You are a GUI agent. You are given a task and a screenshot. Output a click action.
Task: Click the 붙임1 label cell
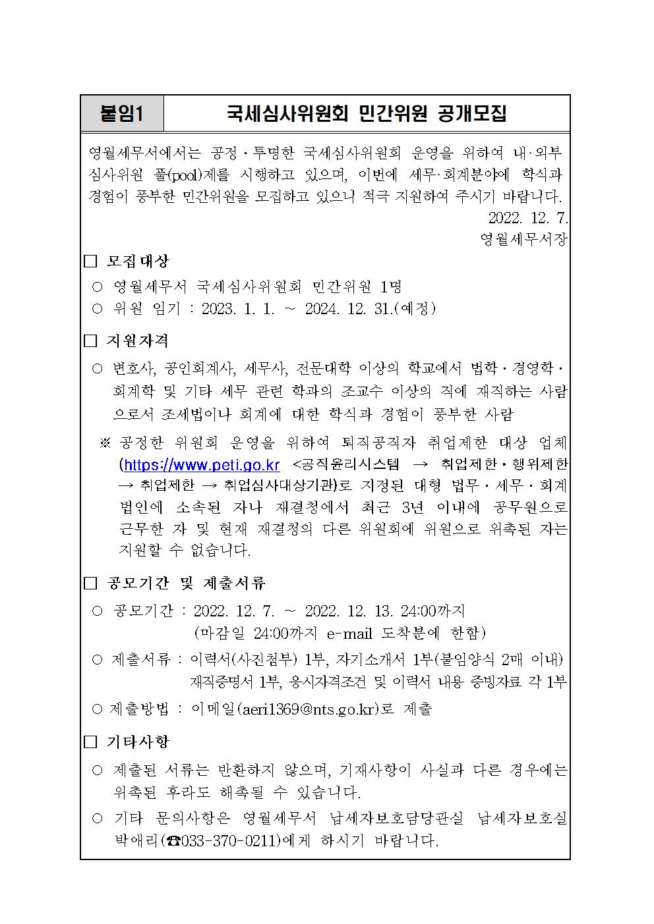[x=122, y=113]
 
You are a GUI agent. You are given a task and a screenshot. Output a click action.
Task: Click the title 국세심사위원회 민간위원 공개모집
[x=367, y=113]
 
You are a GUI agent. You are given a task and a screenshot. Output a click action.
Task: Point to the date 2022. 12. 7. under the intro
[x=527, y=218]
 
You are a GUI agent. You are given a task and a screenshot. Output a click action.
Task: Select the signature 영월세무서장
[x=523, y=239]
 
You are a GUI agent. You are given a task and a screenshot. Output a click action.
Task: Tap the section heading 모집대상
[x=138, y=261]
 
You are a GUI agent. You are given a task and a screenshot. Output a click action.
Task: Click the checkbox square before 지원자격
[x=90, y=341]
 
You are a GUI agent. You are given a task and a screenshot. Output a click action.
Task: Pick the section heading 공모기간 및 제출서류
[x=186, y=583]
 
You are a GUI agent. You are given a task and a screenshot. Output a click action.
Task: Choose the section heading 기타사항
[x=138, y=742]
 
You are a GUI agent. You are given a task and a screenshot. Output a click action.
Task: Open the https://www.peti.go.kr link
[x=202, y=466]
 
